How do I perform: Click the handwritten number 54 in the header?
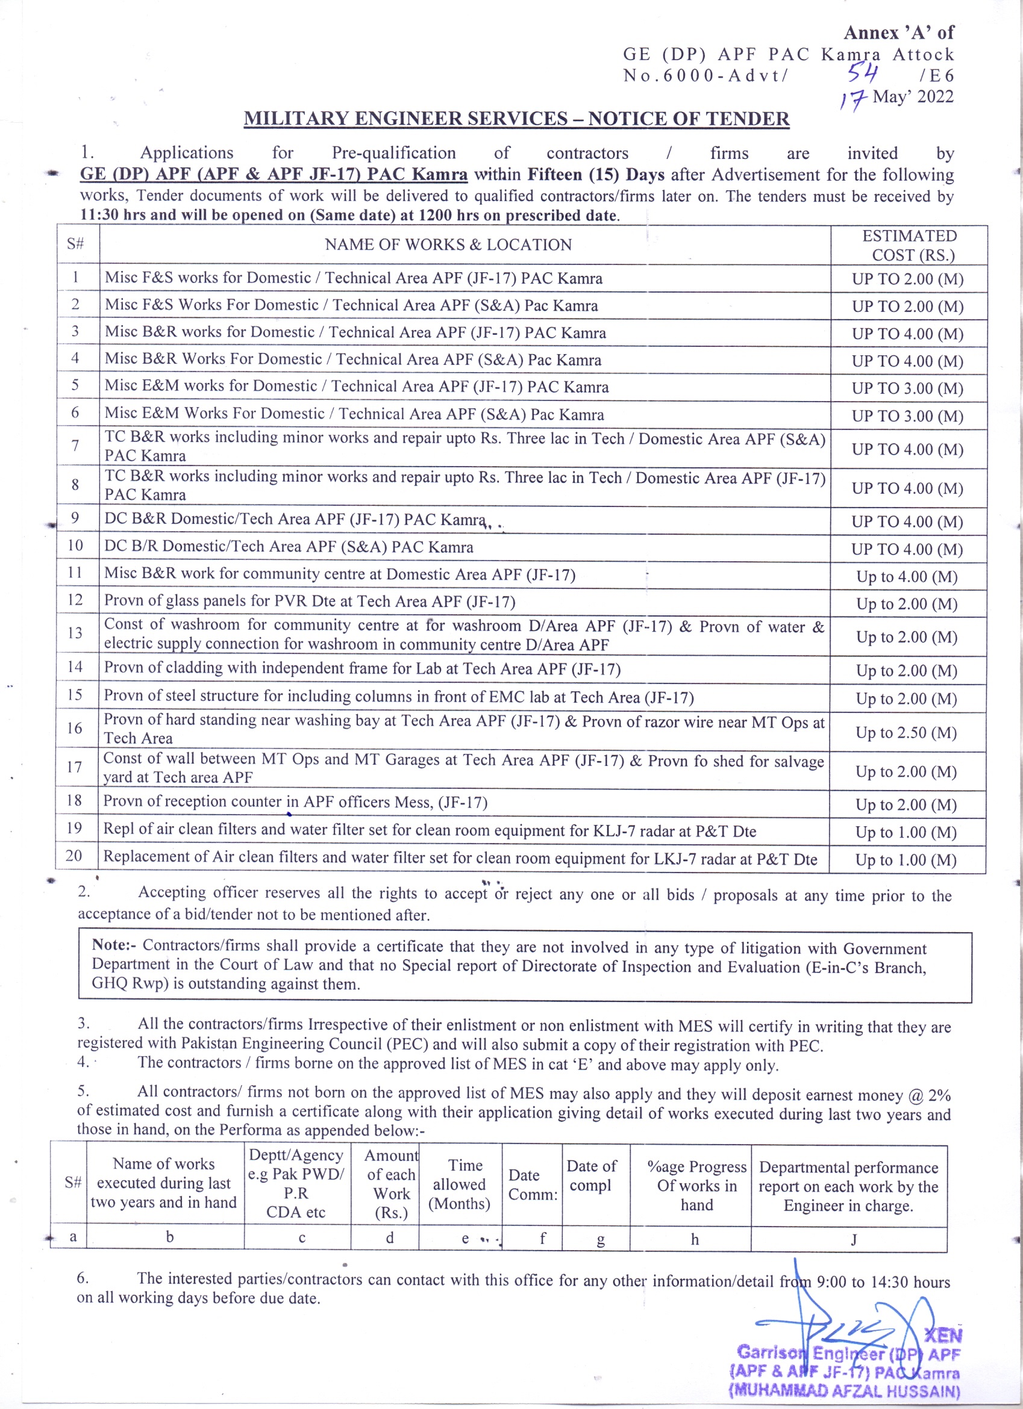coord(863,74)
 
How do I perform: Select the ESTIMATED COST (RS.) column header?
coord(909,246)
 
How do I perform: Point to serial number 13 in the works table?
coord(75,632)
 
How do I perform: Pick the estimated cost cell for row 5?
coord(907,388)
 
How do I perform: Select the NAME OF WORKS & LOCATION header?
coord(448,245)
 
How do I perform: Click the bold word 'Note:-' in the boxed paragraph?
coord(115,945)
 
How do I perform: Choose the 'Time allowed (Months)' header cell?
coord(459,1184)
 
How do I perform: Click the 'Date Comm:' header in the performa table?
coord(532,1184)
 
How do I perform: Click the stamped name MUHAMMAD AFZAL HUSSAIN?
coord(845,1390)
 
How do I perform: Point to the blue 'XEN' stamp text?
coord(943,1335)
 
